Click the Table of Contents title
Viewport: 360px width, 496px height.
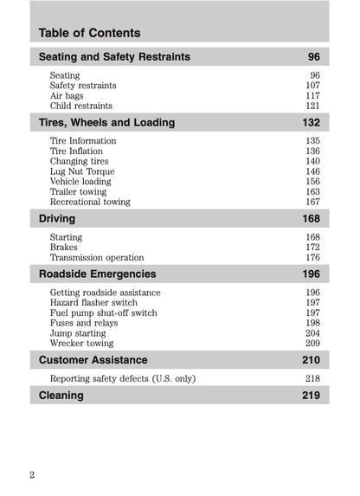[89, 33]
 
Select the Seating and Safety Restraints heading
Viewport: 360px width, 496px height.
[114, 57]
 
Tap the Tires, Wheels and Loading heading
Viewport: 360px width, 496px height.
[106, 123]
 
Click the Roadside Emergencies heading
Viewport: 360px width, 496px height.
[98, 274]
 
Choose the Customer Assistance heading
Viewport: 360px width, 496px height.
[93, 360]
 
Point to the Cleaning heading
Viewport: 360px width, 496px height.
[61, 396]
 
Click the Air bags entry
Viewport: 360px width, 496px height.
[68, 96]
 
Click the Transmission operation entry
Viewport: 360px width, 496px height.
[97, 258]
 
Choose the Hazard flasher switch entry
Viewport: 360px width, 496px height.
[93, 303]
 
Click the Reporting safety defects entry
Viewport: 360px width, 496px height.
[123, 379]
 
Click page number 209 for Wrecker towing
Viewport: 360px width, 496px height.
[312, 344]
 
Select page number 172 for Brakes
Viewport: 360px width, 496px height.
[312, 248]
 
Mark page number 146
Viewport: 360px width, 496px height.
[312, 171]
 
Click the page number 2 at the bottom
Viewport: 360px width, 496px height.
[32, 475]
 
